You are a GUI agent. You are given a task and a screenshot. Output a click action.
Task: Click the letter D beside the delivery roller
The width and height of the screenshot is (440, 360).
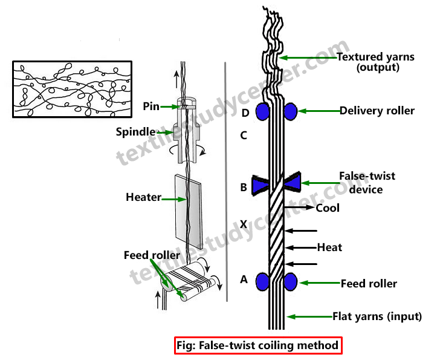pos(244,113)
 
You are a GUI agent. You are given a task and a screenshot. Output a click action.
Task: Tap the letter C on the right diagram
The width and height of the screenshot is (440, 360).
pos(244,136)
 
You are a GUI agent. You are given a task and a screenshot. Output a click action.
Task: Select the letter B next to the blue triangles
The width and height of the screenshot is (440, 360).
pos(244,188)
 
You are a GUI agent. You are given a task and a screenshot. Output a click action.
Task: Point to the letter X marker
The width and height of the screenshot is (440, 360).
pos(244,224)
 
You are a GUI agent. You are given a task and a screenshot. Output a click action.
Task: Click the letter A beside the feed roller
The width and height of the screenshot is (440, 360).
pos(244,280)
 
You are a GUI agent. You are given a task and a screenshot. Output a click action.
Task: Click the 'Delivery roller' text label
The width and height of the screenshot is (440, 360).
pos(377,111)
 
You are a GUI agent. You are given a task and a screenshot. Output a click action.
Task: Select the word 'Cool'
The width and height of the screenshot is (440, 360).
pos(328,208)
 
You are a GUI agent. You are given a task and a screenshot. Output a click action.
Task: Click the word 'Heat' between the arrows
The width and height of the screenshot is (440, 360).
pos(329,247)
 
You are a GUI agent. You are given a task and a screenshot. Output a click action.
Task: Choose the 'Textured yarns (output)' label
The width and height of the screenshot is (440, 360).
pos(375,62)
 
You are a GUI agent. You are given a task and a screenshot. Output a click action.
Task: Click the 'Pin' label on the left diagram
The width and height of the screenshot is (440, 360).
pos(151,106)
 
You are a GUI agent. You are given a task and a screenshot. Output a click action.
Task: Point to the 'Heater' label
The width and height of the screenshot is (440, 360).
pos(143,197)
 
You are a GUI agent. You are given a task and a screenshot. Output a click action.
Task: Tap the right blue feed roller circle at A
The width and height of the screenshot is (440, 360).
pos(290,282)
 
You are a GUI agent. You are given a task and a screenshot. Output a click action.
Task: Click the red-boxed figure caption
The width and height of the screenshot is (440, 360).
pos(259,346)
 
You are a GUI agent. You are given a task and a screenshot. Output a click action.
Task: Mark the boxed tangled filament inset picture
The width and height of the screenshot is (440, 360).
pos(72,90)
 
